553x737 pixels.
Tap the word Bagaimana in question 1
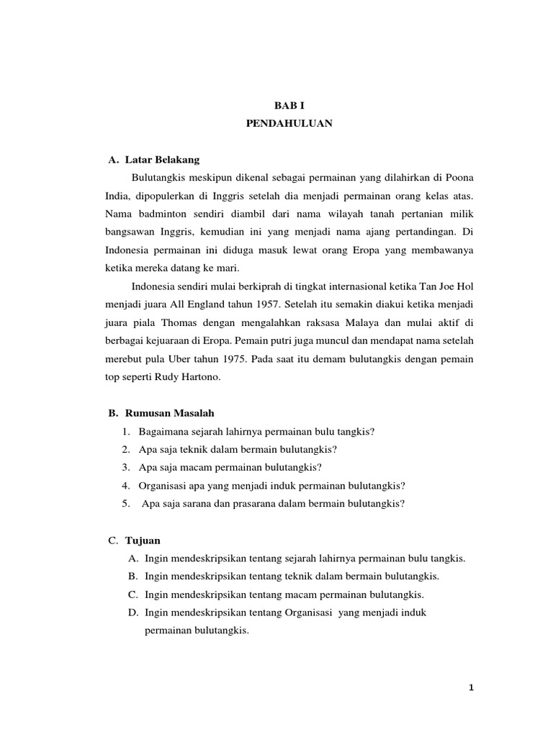[x=165, y=432]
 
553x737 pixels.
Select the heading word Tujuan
[x=143, y=540]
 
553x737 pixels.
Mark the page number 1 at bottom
[x=471, y=687]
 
